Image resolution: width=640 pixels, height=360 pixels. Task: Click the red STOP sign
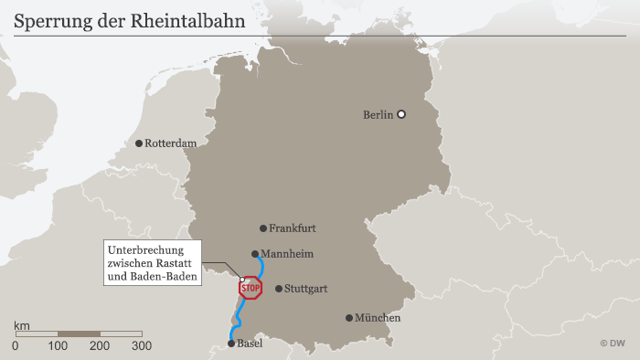[x=251, y=289]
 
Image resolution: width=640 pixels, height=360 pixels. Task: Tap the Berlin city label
[x=378, y=114]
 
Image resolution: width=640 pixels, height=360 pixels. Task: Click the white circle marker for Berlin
[x=400, y=114]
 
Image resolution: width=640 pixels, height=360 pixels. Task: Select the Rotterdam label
[x=171, y=143]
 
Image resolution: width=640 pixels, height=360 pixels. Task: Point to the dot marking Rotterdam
[x=139, y=143]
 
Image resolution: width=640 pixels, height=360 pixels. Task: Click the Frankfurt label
[x=292, y=228]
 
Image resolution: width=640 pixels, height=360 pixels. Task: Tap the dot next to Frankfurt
[x=262, y=228]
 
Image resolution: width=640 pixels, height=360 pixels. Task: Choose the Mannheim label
[x=288, y=254]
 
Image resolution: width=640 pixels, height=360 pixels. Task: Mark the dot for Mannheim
[x=255, y=255]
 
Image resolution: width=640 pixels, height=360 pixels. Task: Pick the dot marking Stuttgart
[x=279, y=289]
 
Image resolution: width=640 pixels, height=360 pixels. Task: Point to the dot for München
[x=349, y=318]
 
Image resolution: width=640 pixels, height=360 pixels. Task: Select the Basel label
[x=250, y=344]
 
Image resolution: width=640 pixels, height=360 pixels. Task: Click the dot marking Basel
[x=231, y=344]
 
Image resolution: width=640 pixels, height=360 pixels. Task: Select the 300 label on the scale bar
[x=142, y=346]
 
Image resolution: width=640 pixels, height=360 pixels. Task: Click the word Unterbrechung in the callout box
[x=146, y=250]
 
